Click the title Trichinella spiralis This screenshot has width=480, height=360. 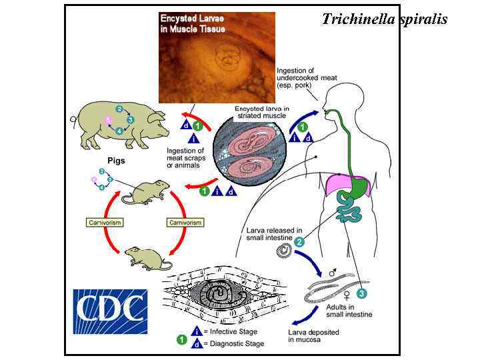click(x=385, y=19)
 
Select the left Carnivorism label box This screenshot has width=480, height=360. click(x=105, y=222)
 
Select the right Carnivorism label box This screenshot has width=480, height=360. click(x=185, y=222)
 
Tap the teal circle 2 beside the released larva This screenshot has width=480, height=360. click(x=299, y=242)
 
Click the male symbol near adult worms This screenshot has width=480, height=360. click(x=333, y=273)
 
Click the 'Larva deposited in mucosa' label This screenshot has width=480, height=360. click(x=313, y=335)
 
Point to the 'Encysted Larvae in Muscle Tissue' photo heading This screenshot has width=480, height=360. click(x=193, y=23)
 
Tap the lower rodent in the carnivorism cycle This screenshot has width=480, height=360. click(x=144, y=256)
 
